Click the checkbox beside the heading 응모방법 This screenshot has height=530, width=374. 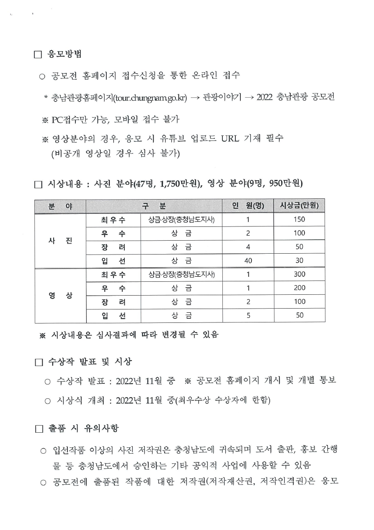pyautogui.click(x=38, y=55)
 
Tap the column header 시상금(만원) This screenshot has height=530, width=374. pyautogui.click(x=299, y=206)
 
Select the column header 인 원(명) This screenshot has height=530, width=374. pyautogui.click(x=248, y=206)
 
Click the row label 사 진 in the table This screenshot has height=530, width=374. pyautogui.click(x=60, y=240)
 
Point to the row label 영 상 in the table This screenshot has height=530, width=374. pyautogui.click(x=60, y=295)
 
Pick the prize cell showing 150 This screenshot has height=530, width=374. pyautogui.click(x=299, y=219)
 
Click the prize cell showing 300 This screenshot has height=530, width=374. pyautogui.click(x=299, y=274)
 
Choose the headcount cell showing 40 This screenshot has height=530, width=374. pyautogui.click(x=248, y=260)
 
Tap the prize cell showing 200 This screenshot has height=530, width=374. pyautogui.click(x=299, y=288)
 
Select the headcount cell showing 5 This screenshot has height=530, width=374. pyautogui.click(x=248, y=315)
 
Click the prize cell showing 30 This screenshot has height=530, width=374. pyautogui.click(x=299, y=260)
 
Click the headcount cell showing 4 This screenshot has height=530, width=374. pyautogui.click(x=248, y=247)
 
